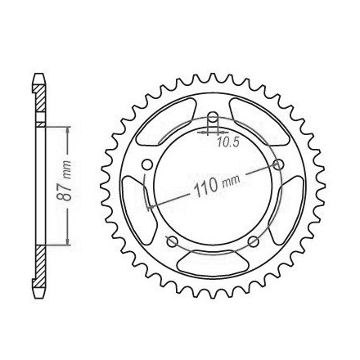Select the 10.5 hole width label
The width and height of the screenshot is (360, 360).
[227, 142]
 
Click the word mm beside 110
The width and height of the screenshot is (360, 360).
[232, 182]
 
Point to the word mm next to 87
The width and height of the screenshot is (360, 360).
[67, 169]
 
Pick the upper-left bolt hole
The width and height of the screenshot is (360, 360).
[147, 164]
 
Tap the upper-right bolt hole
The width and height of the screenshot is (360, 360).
[279, 164]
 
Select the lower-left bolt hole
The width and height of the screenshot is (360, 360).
[172, 241]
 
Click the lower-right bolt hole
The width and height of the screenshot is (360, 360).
[254, 241]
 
